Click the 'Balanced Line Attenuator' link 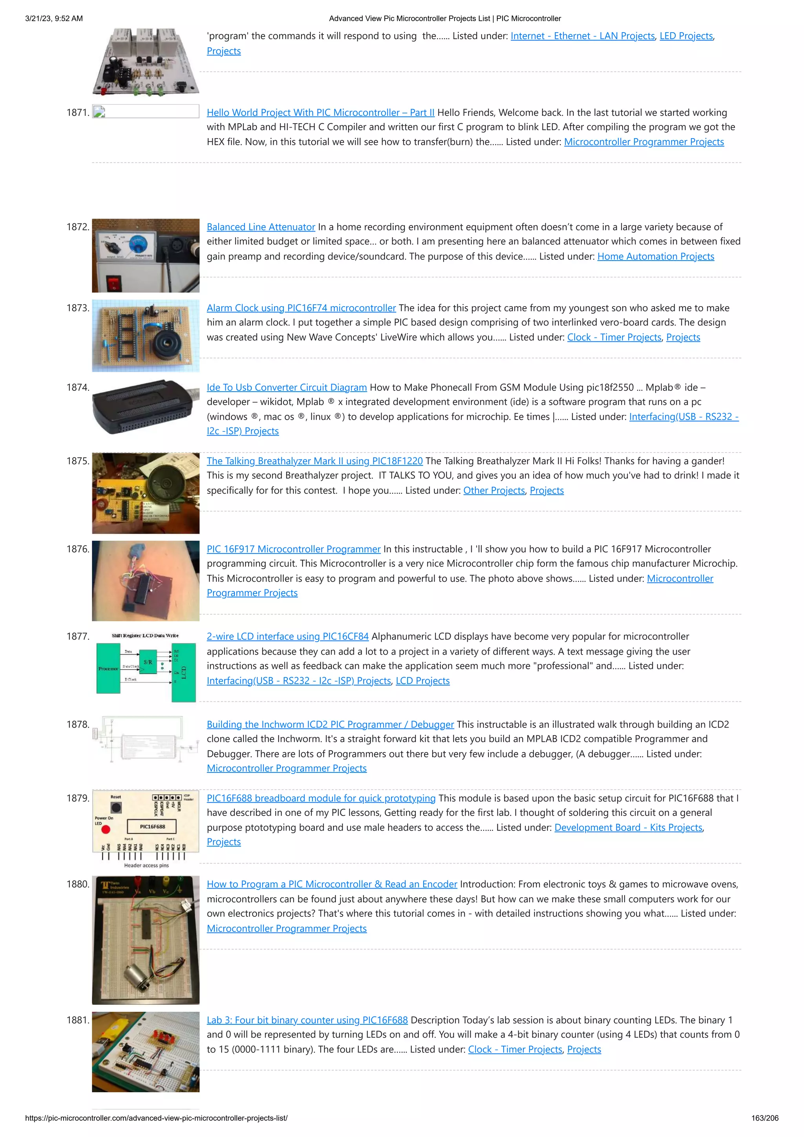pos(261,227)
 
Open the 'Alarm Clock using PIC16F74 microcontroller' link pos(301,308)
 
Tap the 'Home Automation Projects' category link pos(655,257)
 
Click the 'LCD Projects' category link pos(422,681)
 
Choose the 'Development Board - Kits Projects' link pos(628,827)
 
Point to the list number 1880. pos(78,885)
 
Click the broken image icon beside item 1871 pos(99,112)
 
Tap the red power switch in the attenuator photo pos(114,283)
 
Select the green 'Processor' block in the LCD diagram pos(108,668)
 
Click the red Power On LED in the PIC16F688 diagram pos(106,829)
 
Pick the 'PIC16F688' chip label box pos(152,827)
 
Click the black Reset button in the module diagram pos(116,808)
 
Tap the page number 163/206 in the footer pos(764,1118)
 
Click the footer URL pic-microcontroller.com pos(156,1118)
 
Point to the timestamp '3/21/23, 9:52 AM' pos(54,18)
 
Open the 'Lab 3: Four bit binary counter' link pos(307,1020)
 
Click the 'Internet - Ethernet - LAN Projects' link pos(583,36)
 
